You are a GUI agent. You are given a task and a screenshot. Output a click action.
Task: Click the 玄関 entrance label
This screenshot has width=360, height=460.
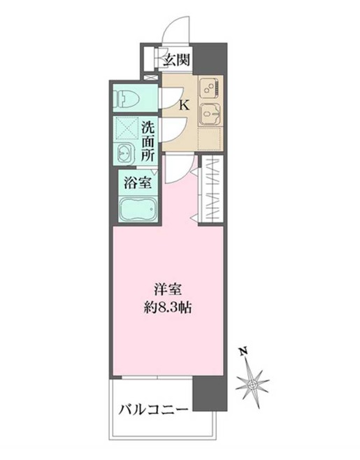pyautogui.click(x=177, y=60)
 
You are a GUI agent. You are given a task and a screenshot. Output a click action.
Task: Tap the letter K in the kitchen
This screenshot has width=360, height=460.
pyautogui.click(x=185, y=105)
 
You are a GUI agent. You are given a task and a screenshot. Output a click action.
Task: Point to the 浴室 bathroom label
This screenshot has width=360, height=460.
pyautogui.click(x=138, y=183)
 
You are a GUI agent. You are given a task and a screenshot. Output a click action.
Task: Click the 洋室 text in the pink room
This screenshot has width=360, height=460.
pyautogui.click(x=168, y=290)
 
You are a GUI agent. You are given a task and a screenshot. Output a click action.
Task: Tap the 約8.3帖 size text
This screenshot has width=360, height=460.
pyautogui.click(x=168, y=308)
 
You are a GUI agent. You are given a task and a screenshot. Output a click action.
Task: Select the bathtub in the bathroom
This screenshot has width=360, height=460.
pyautogui.click(x=138, y=209)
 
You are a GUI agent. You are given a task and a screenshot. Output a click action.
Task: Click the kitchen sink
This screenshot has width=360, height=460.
pyautogui.click(x=210, y=115)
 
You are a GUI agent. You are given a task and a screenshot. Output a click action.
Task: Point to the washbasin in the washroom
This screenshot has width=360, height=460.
pyautogui.click(x=126, y=153)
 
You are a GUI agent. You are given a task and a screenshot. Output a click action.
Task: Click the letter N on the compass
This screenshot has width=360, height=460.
pyautogui.click(x=243, y=350)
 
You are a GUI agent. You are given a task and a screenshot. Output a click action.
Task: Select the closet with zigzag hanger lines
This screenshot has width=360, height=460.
pyautogui.click(x=213, y=191)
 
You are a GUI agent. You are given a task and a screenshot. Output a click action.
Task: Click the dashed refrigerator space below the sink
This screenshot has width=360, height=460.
pyautogui.click(x=210, y=138)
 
